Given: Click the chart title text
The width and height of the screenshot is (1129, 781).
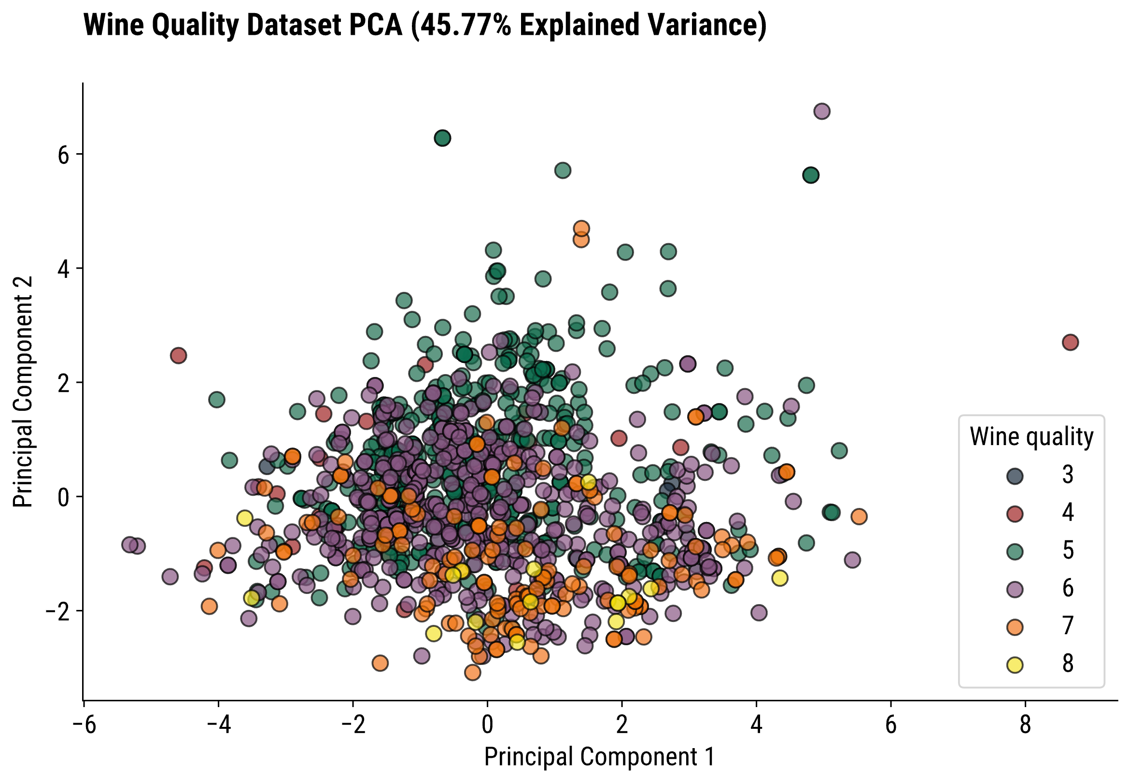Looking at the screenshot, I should coord(424,26).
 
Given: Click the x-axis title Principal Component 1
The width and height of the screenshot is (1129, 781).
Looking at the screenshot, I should coord(599,756).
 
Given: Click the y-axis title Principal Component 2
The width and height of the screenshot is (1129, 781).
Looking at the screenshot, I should coord(23,391).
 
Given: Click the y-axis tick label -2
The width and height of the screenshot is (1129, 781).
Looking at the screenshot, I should coord(57,612).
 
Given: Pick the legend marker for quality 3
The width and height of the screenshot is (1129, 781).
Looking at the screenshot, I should coord(1015,476).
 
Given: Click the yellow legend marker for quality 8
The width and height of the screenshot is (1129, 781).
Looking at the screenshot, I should coord(1015,665).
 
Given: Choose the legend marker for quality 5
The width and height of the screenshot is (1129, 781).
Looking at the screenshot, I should coord(1015,551).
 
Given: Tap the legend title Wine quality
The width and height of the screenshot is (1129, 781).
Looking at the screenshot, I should coord(1031,436).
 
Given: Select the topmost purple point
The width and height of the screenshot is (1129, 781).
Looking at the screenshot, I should coord(821,112).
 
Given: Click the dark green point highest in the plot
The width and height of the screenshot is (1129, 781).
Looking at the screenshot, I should coord(442,139).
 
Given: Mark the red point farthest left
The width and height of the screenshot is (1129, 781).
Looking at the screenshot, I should coord(179,356).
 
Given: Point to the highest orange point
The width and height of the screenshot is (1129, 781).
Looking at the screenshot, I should coord(581,229).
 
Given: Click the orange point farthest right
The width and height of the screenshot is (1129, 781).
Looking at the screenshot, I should coord(859,516).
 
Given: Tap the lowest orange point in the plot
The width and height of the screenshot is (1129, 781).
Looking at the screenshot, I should coord(472,673).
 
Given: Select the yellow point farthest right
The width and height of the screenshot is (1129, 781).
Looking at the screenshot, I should coord(779,578).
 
